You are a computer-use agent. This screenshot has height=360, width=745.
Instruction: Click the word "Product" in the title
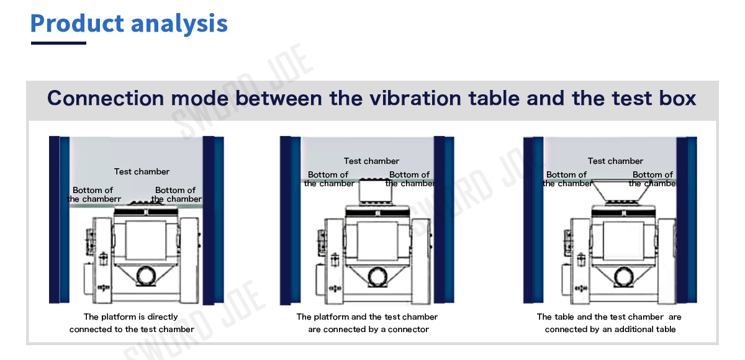(x=77, y=23)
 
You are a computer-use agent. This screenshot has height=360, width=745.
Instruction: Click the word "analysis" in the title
(x=179, y=24)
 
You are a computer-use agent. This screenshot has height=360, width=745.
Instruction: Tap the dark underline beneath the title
(x=58, y=43)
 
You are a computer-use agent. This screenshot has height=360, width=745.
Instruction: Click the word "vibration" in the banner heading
(x=415, y=98)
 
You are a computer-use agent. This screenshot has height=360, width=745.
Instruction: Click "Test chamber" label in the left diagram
(x=142, y=171)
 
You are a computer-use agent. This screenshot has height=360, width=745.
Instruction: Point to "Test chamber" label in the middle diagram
(x=371, y=161)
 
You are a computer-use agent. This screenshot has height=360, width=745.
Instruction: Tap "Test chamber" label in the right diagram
(x=615, y=161)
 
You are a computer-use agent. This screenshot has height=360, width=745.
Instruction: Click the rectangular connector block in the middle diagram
(x=376, y=191)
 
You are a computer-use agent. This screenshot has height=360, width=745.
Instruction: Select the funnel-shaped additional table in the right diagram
(x=621, y=191)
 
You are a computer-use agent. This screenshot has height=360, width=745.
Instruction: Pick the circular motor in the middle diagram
(x=378, y=277)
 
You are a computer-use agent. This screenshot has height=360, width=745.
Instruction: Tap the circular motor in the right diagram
(x=623, y=277)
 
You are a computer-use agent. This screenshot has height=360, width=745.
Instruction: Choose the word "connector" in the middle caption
(x=409, y=330)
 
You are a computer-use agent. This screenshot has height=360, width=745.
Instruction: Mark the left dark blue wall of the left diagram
(x=59, y=219)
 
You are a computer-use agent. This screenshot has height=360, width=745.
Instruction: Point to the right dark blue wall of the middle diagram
(x=444, y=220)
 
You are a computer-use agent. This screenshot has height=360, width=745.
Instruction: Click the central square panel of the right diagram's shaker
(x=623, y=240)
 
